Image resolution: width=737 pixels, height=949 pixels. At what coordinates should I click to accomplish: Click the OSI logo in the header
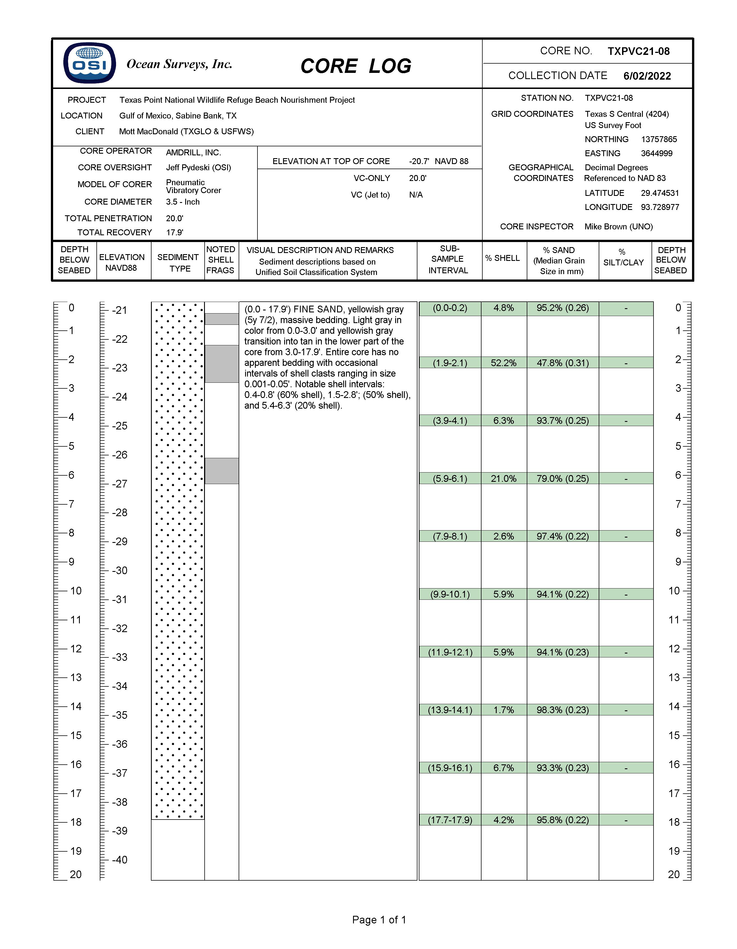click(x=89, y=63)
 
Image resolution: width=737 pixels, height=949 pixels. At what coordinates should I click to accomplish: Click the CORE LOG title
click(x=356, y=66)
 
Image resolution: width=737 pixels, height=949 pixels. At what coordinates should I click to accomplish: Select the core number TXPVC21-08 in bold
click(x=638, y=51)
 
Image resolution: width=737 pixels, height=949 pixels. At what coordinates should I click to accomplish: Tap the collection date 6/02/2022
click(x=647, y=76)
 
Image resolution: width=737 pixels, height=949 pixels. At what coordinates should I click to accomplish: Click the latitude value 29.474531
click(x=659, y=193)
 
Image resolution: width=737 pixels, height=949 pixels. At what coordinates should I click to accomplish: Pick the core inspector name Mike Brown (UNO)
click(x=618, y=226)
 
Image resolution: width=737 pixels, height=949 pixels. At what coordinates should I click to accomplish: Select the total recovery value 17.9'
click(x=175, y=232)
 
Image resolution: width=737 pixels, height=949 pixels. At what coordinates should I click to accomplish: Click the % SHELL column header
click(x=502, y=258)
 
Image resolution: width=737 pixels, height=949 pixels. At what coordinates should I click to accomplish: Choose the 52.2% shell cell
click(x=503, y=363)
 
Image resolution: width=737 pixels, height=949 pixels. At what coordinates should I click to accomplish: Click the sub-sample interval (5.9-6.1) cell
click(x=450, y=478)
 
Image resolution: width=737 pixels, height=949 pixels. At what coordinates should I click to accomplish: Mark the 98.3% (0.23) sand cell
click(x=562, y=710)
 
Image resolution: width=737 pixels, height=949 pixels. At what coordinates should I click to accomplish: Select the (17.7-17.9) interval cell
click(x=450, y=820)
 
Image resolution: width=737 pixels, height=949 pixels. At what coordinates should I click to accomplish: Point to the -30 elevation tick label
click(x=119, y=570)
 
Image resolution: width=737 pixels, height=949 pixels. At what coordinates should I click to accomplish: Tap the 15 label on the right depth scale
click(x=674, y=736)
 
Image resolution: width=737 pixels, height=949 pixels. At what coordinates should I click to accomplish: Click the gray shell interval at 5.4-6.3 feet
click(x=221, y=471)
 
